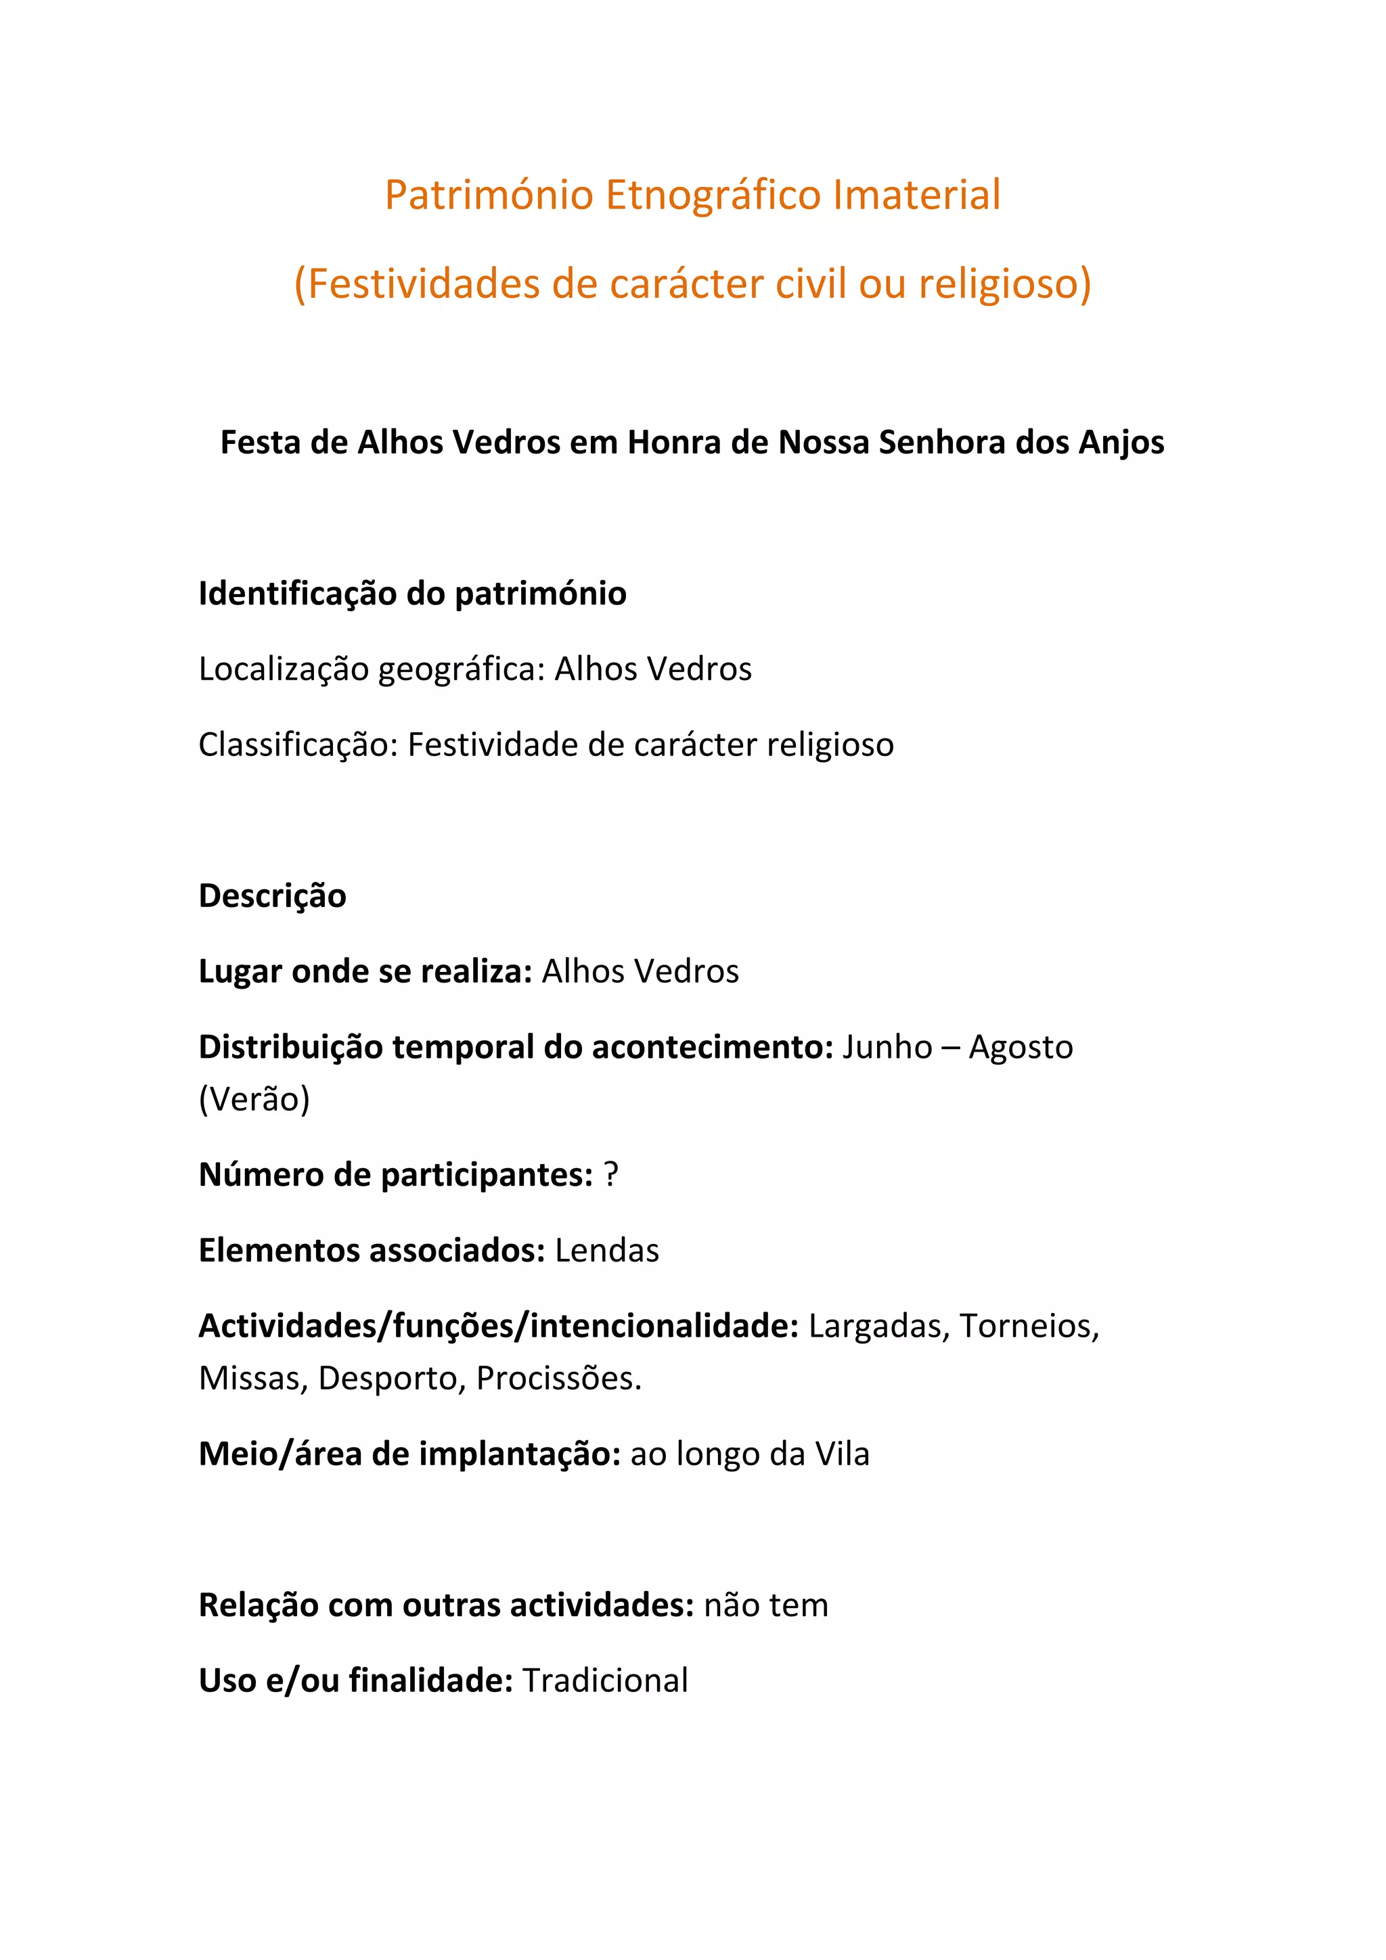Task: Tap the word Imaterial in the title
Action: coord(916,196)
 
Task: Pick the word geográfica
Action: coord(461,670)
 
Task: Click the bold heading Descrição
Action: coord(272,896)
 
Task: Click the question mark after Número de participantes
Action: coord(610,1176)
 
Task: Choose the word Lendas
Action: coord(607,1251)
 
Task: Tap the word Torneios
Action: coord(1029,1327)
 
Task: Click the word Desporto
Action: coord(392,1379)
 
